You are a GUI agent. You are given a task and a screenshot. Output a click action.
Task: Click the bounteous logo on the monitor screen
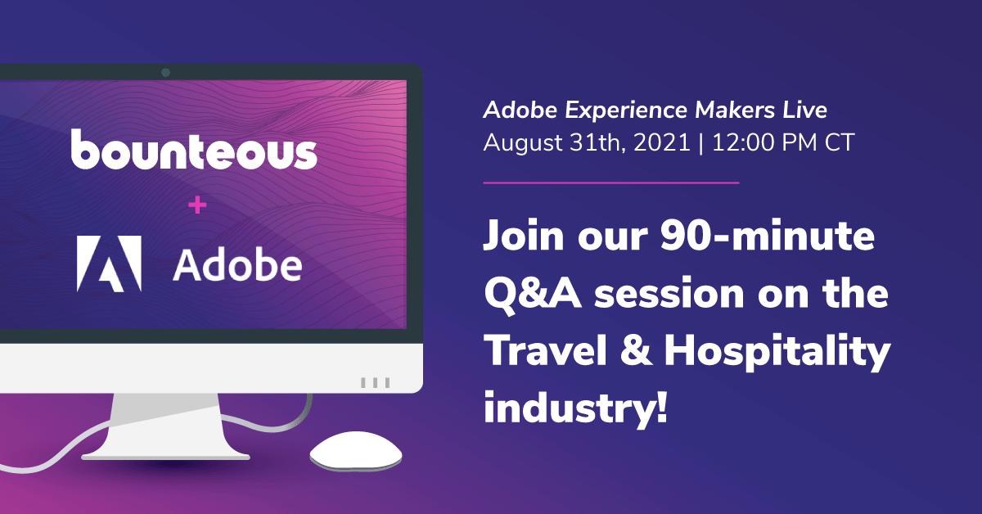click(194, 150)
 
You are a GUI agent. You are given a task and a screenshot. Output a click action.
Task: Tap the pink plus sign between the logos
click(197, 205)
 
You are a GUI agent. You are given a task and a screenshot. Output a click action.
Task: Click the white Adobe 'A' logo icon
click(109, 264)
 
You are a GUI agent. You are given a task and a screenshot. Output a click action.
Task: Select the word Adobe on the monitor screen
click(237, 264)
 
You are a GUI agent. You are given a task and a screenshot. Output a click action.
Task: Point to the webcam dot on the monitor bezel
click(165, 72)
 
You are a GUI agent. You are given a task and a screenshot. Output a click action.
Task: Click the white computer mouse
click(355, 451)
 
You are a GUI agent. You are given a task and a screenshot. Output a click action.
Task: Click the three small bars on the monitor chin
click(376, 383)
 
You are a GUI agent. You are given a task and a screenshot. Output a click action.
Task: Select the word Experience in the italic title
click(626, 110)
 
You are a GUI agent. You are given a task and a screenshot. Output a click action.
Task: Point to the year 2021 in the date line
click(662, 142)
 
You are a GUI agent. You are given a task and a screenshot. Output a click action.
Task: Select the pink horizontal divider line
click(611, 183)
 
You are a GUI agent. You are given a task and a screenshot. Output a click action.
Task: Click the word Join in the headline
click(524, 235)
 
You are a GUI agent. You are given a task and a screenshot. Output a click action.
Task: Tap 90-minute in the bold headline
click(768, 235)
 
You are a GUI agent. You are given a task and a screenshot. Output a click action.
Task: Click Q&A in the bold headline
click(533, 294)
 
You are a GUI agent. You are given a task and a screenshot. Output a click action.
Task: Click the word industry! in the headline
click(575, 408)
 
